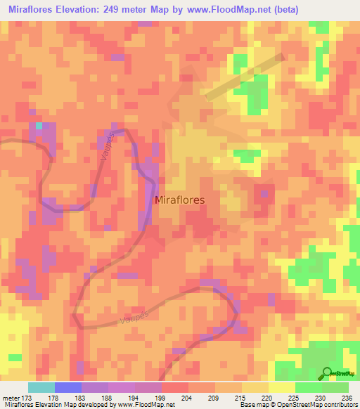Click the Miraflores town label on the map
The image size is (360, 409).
(x=179, y=200)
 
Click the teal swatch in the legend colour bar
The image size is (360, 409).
(x=41, y=387)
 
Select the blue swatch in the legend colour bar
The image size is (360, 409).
(x=68, y=387)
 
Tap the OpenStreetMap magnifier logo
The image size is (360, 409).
(x=326, y=372)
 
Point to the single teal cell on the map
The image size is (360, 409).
(x=40, y=126)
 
